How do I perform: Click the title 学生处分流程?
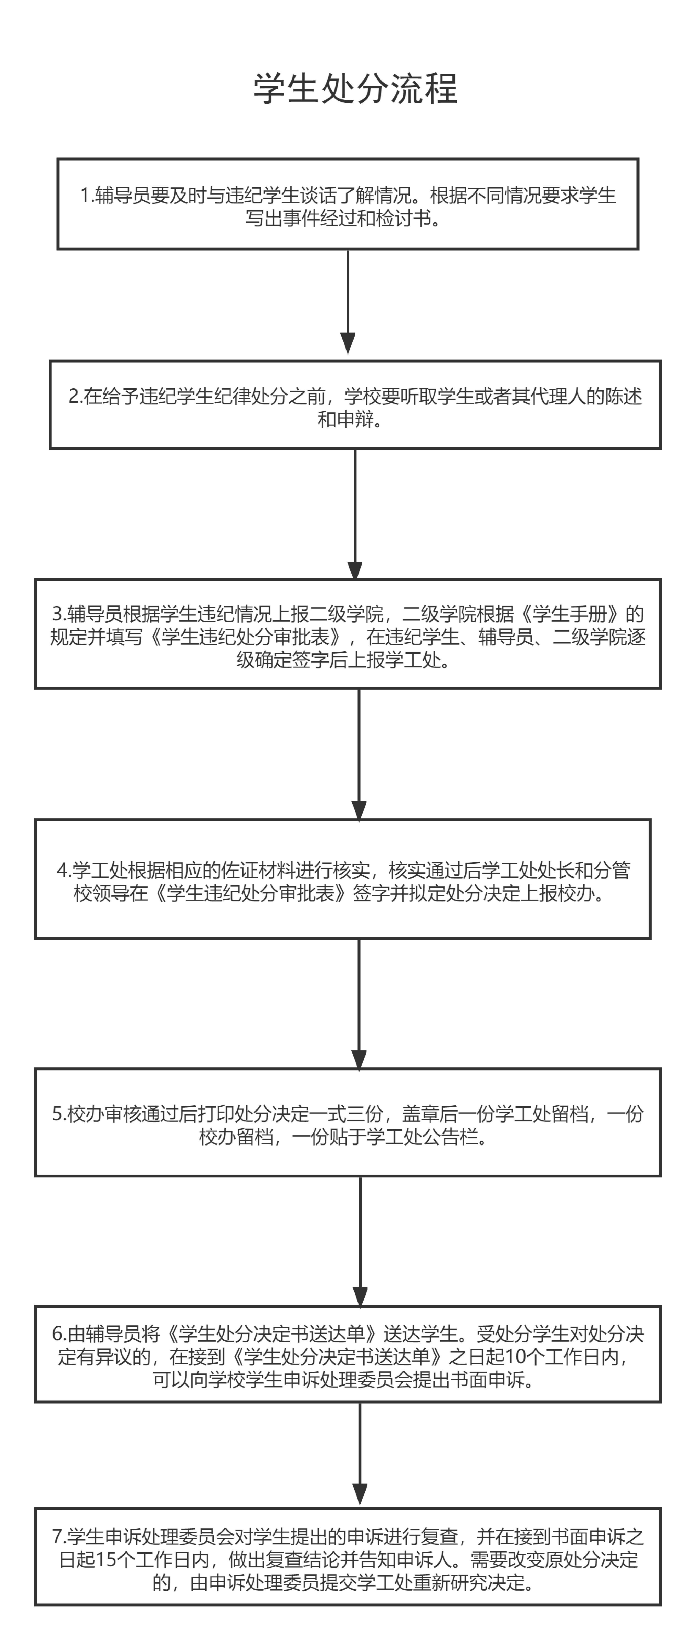coord(355,88)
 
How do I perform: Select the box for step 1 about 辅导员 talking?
coord(348,204)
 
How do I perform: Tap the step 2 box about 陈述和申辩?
coord(355,405)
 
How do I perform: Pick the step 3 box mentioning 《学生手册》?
coord(348,634)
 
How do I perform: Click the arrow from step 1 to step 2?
coord(348,299)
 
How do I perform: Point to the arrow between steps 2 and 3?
coord(355,513)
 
